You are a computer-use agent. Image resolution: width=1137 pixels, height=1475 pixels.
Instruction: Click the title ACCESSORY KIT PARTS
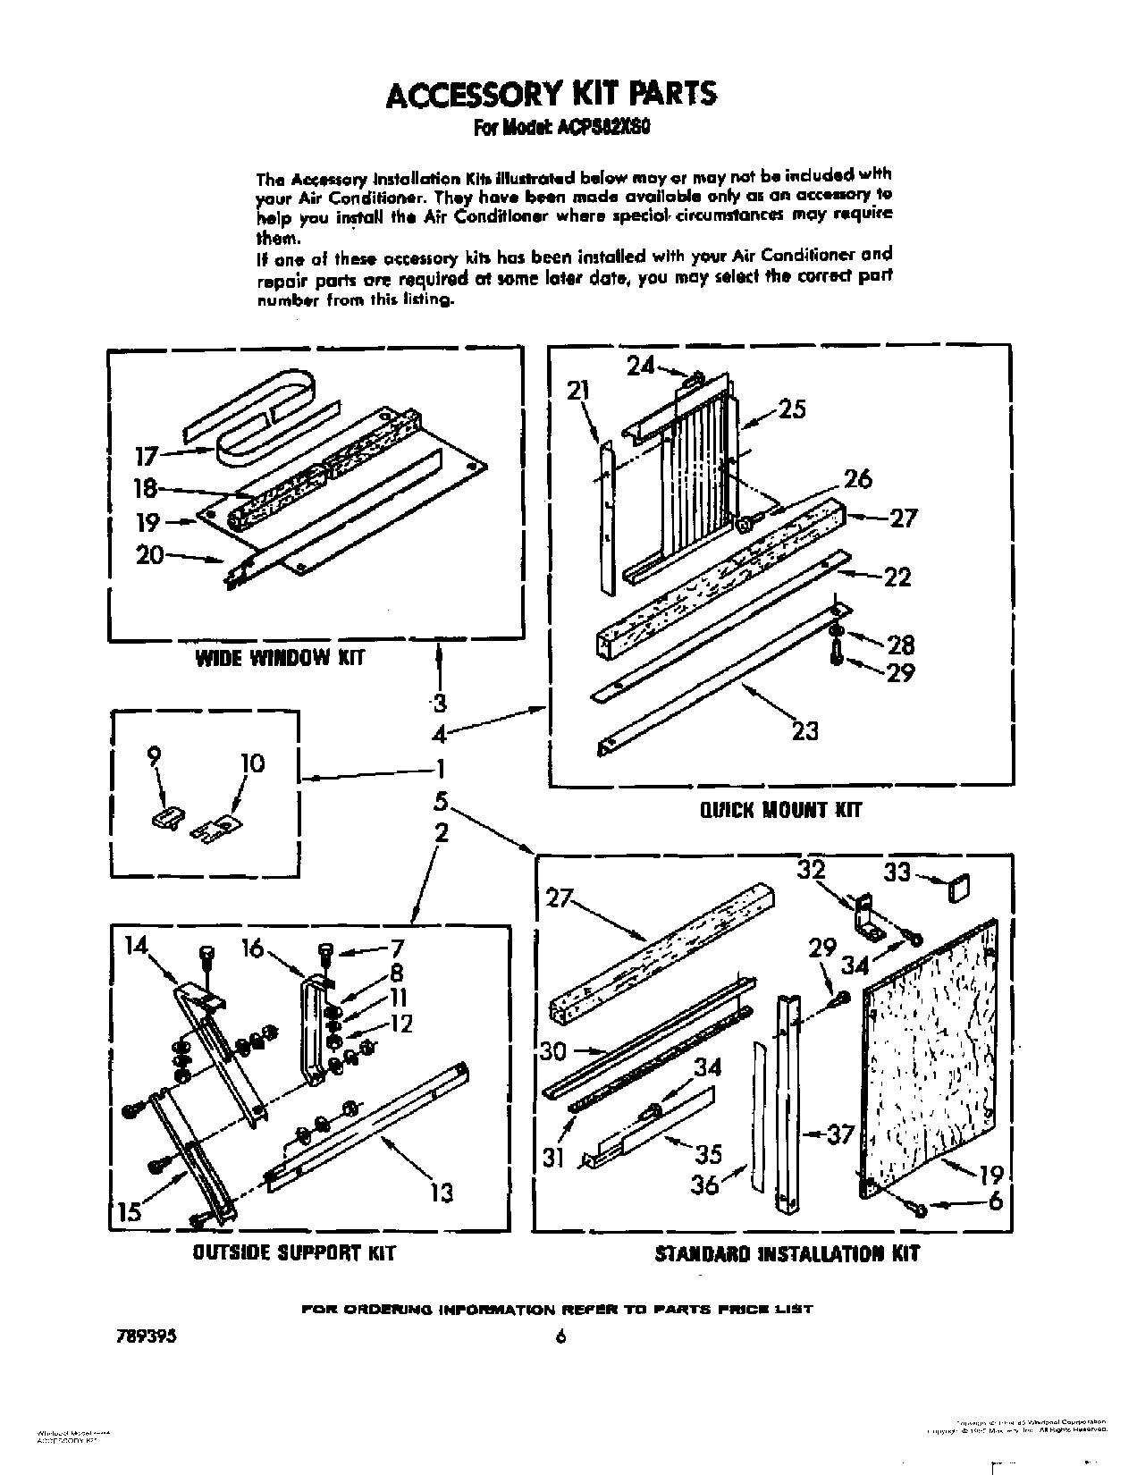point(550,94)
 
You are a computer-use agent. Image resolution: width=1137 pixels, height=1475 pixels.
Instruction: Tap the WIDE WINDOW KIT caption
point(280,659)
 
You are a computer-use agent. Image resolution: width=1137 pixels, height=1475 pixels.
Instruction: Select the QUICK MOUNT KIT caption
point(779,810)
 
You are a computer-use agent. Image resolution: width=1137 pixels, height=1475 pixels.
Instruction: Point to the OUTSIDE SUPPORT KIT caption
point(294,1252)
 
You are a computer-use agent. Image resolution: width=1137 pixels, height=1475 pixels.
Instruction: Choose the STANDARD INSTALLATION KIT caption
point(787,1253)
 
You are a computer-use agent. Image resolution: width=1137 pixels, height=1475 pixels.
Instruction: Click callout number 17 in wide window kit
point(146,457)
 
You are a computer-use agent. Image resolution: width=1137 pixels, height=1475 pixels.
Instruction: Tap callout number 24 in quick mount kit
point(641,365)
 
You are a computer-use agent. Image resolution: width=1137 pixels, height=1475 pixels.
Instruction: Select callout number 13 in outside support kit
point(442,1192)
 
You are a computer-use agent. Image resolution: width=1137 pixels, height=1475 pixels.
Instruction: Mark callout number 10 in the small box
point(252,763)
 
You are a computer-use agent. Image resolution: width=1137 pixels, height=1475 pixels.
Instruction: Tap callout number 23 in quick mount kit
point(805,730)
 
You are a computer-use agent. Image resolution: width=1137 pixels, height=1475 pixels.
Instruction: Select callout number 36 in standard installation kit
point(707,1185)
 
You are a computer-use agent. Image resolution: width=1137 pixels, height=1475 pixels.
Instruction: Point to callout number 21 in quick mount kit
point(578,390)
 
